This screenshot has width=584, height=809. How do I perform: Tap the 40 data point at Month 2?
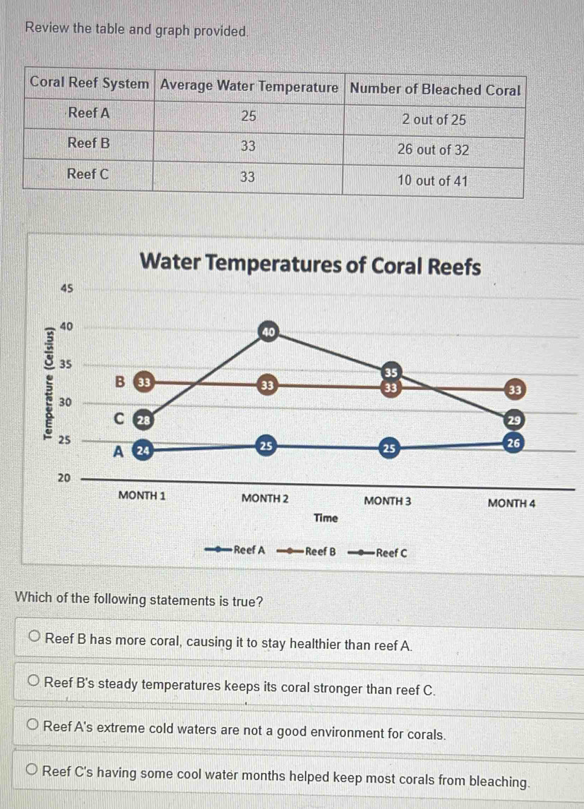tap(268, 330)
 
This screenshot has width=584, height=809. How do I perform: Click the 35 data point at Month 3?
tap(391, 372)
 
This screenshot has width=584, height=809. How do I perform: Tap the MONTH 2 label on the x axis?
tap(265, 499)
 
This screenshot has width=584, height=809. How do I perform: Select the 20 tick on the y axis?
tap(64, 478)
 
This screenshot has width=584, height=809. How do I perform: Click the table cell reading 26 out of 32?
tap(434, 150)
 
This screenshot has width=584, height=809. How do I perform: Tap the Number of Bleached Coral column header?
tap(435, 90)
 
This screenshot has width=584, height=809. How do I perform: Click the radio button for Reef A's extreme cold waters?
tap(34, 726)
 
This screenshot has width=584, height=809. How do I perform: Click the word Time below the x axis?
tap(326, 518)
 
